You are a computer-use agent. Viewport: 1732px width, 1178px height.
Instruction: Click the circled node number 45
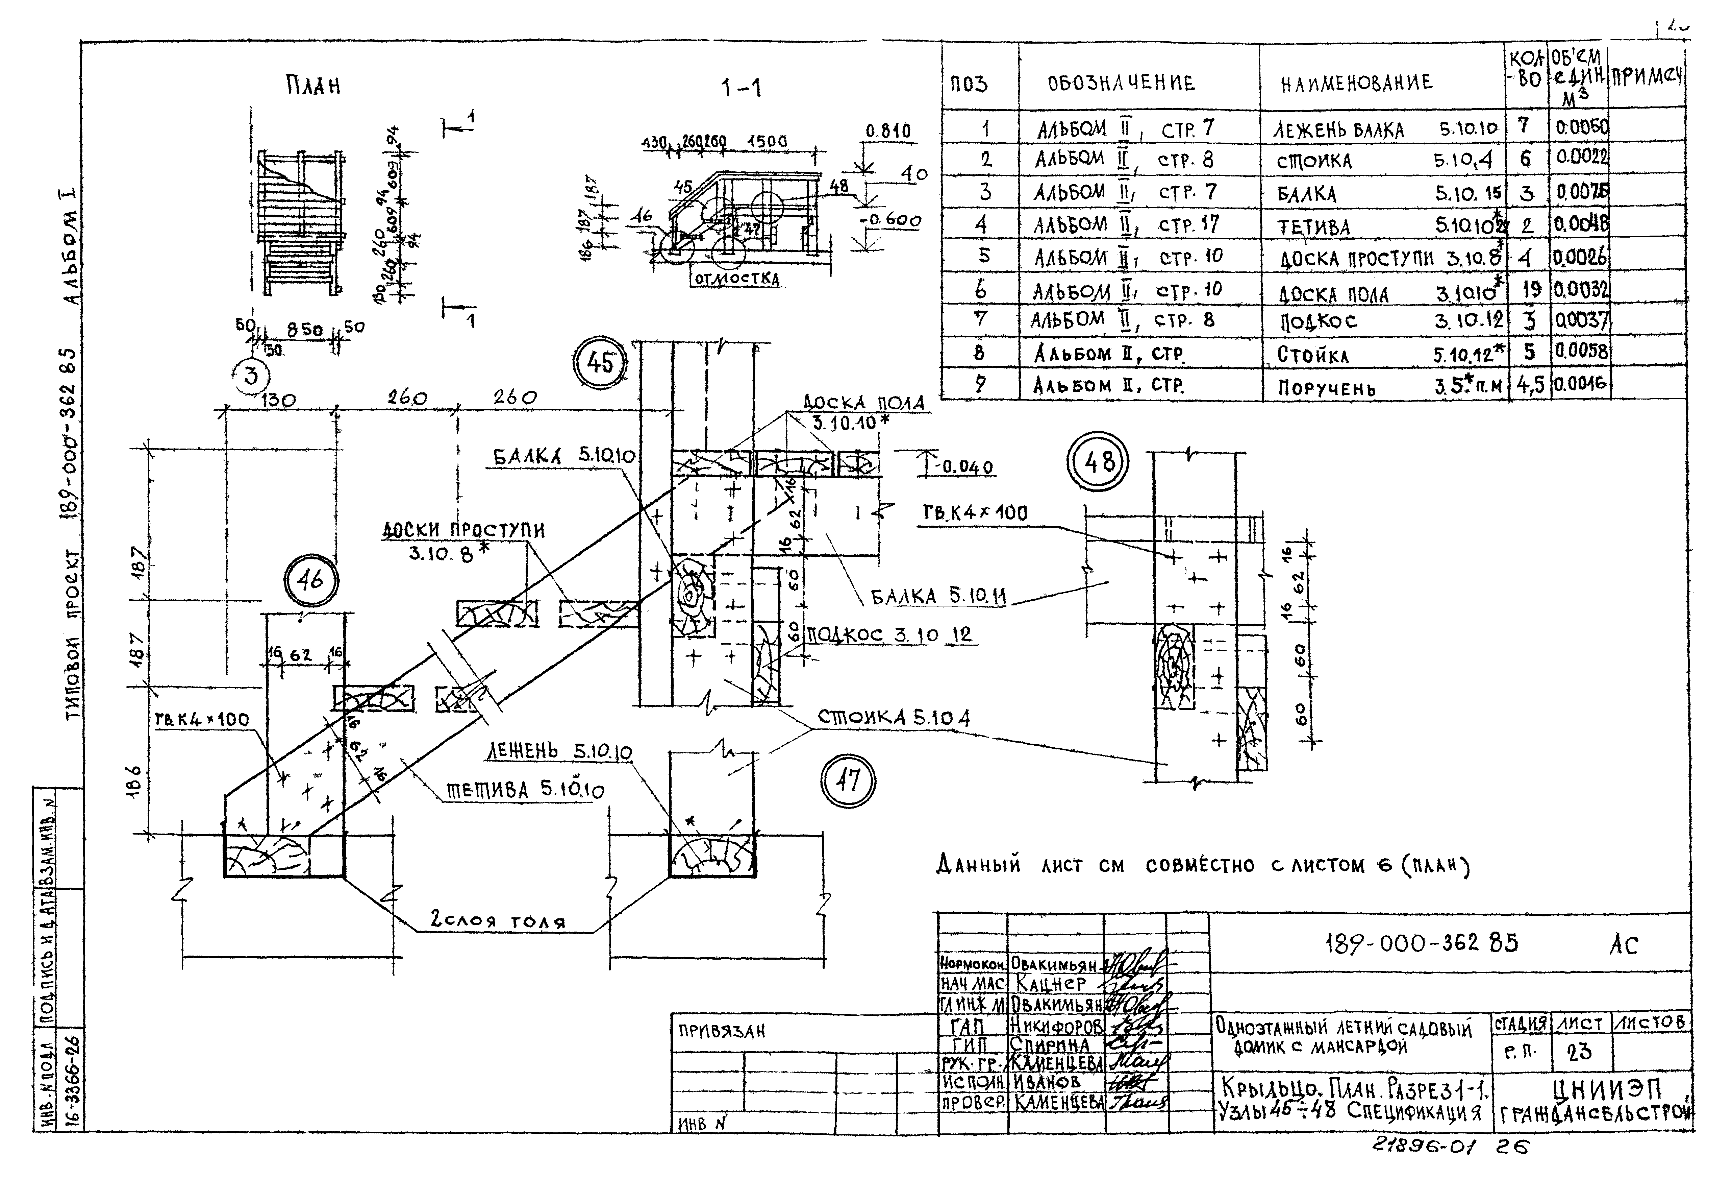click(601, 363)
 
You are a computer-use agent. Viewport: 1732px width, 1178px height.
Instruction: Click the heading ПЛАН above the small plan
click(313, 87)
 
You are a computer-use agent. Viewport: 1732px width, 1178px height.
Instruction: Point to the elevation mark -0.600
click(894, 221)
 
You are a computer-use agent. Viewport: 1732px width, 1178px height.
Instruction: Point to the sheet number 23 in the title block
click(1579, 1052)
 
